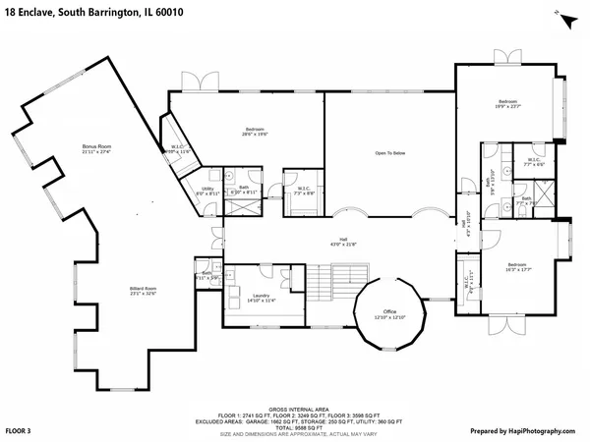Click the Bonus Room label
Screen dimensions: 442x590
pyautogui.click(x=96, y=149)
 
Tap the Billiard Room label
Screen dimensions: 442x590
pyautogui.click(x=144, y=290)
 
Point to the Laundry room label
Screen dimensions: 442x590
pyautogui.click(x=263, y=298)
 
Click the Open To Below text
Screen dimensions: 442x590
pyautogui.click(x=390, y=153)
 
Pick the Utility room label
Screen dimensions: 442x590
pyautogui.click(x=207, y=192)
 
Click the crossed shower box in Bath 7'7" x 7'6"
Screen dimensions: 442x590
pyautogui.click(x=507, y=207)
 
